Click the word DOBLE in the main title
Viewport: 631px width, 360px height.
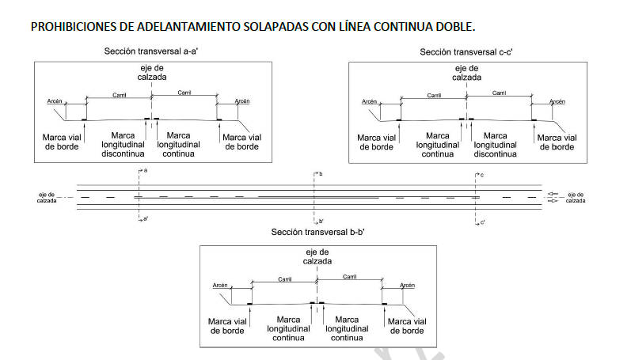(453, 27)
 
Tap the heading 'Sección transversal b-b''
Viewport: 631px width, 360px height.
(317, 233)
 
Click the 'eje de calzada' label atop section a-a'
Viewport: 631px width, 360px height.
(150, 74)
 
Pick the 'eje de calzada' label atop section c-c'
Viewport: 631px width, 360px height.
(466, 74)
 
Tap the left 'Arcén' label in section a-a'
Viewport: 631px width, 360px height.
(53, 101)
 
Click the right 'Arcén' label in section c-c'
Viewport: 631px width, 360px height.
(557, 101)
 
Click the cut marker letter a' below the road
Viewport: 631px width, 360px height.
(146, 219)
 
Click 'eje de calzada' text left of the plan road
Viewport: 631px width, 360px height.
(46, 197)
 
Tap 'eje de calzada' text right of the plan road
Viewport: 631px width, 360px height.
(575, 197)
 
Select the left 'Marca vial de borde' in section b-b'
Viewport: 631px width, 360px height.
(228, 326)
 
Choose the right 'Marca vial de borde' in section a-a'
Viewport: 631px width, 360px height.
(243, 142)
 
